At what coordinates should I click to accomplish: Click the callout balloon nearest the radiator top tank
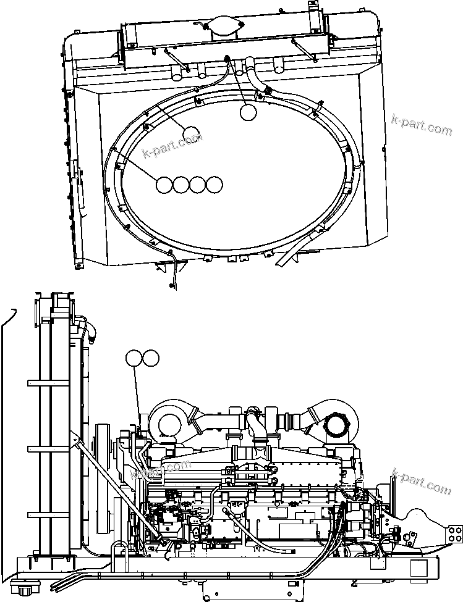coord(248,112)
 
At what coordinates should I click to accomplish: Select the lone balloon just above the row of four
coord(191,135)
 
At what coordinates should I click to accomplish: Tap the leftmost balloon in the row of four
coord(164,185)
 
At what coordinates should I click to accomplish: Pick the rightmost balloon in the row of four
coord(214,185)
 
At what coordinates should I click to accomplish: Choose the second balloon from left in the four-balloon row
coord(181,185)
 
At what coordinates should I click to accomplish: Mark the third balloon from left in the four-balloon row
coord(197,185)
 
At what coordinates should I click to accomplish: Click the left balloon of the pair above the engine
coord(134,358)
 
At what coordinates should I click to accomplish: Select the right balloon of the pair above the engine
coord(150,358)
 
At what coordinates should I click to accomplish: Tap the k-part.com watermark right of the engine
coord(422,481)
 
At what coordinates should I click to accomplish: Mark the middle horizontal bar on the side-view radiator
coord(53,447)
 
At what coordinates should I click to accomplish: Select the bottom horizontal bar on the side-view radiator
coord(53,514)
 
